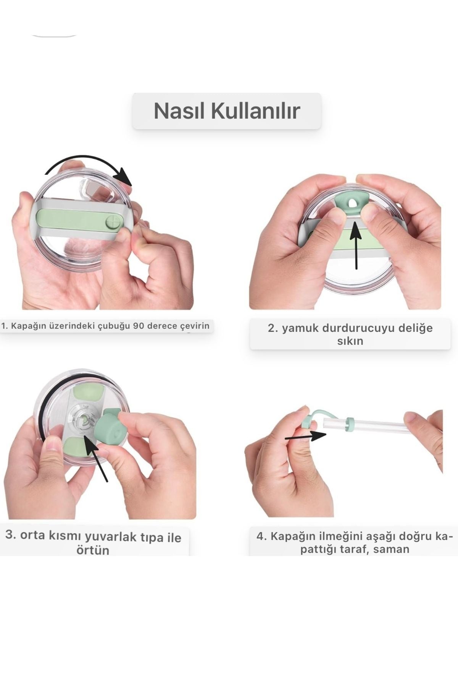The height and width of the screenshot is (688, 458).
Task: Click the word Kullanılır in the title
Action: point(255,111)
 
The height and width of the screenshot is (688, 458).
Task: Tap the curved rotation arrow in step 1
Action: point(88,163)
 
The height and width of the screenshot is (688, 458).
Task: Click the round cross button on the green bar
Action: point(113,222)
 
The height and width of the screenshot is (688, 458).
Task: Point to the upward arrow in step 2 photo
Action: point(356,245)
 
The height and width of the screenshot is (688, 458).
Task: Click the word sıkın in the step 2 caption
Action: point(350,341)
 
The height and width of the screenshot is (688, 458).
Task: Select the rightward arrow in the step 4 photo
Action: point(305,436)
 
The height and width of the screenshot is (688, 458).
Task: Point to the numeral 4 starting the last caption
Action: point(260,536)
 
